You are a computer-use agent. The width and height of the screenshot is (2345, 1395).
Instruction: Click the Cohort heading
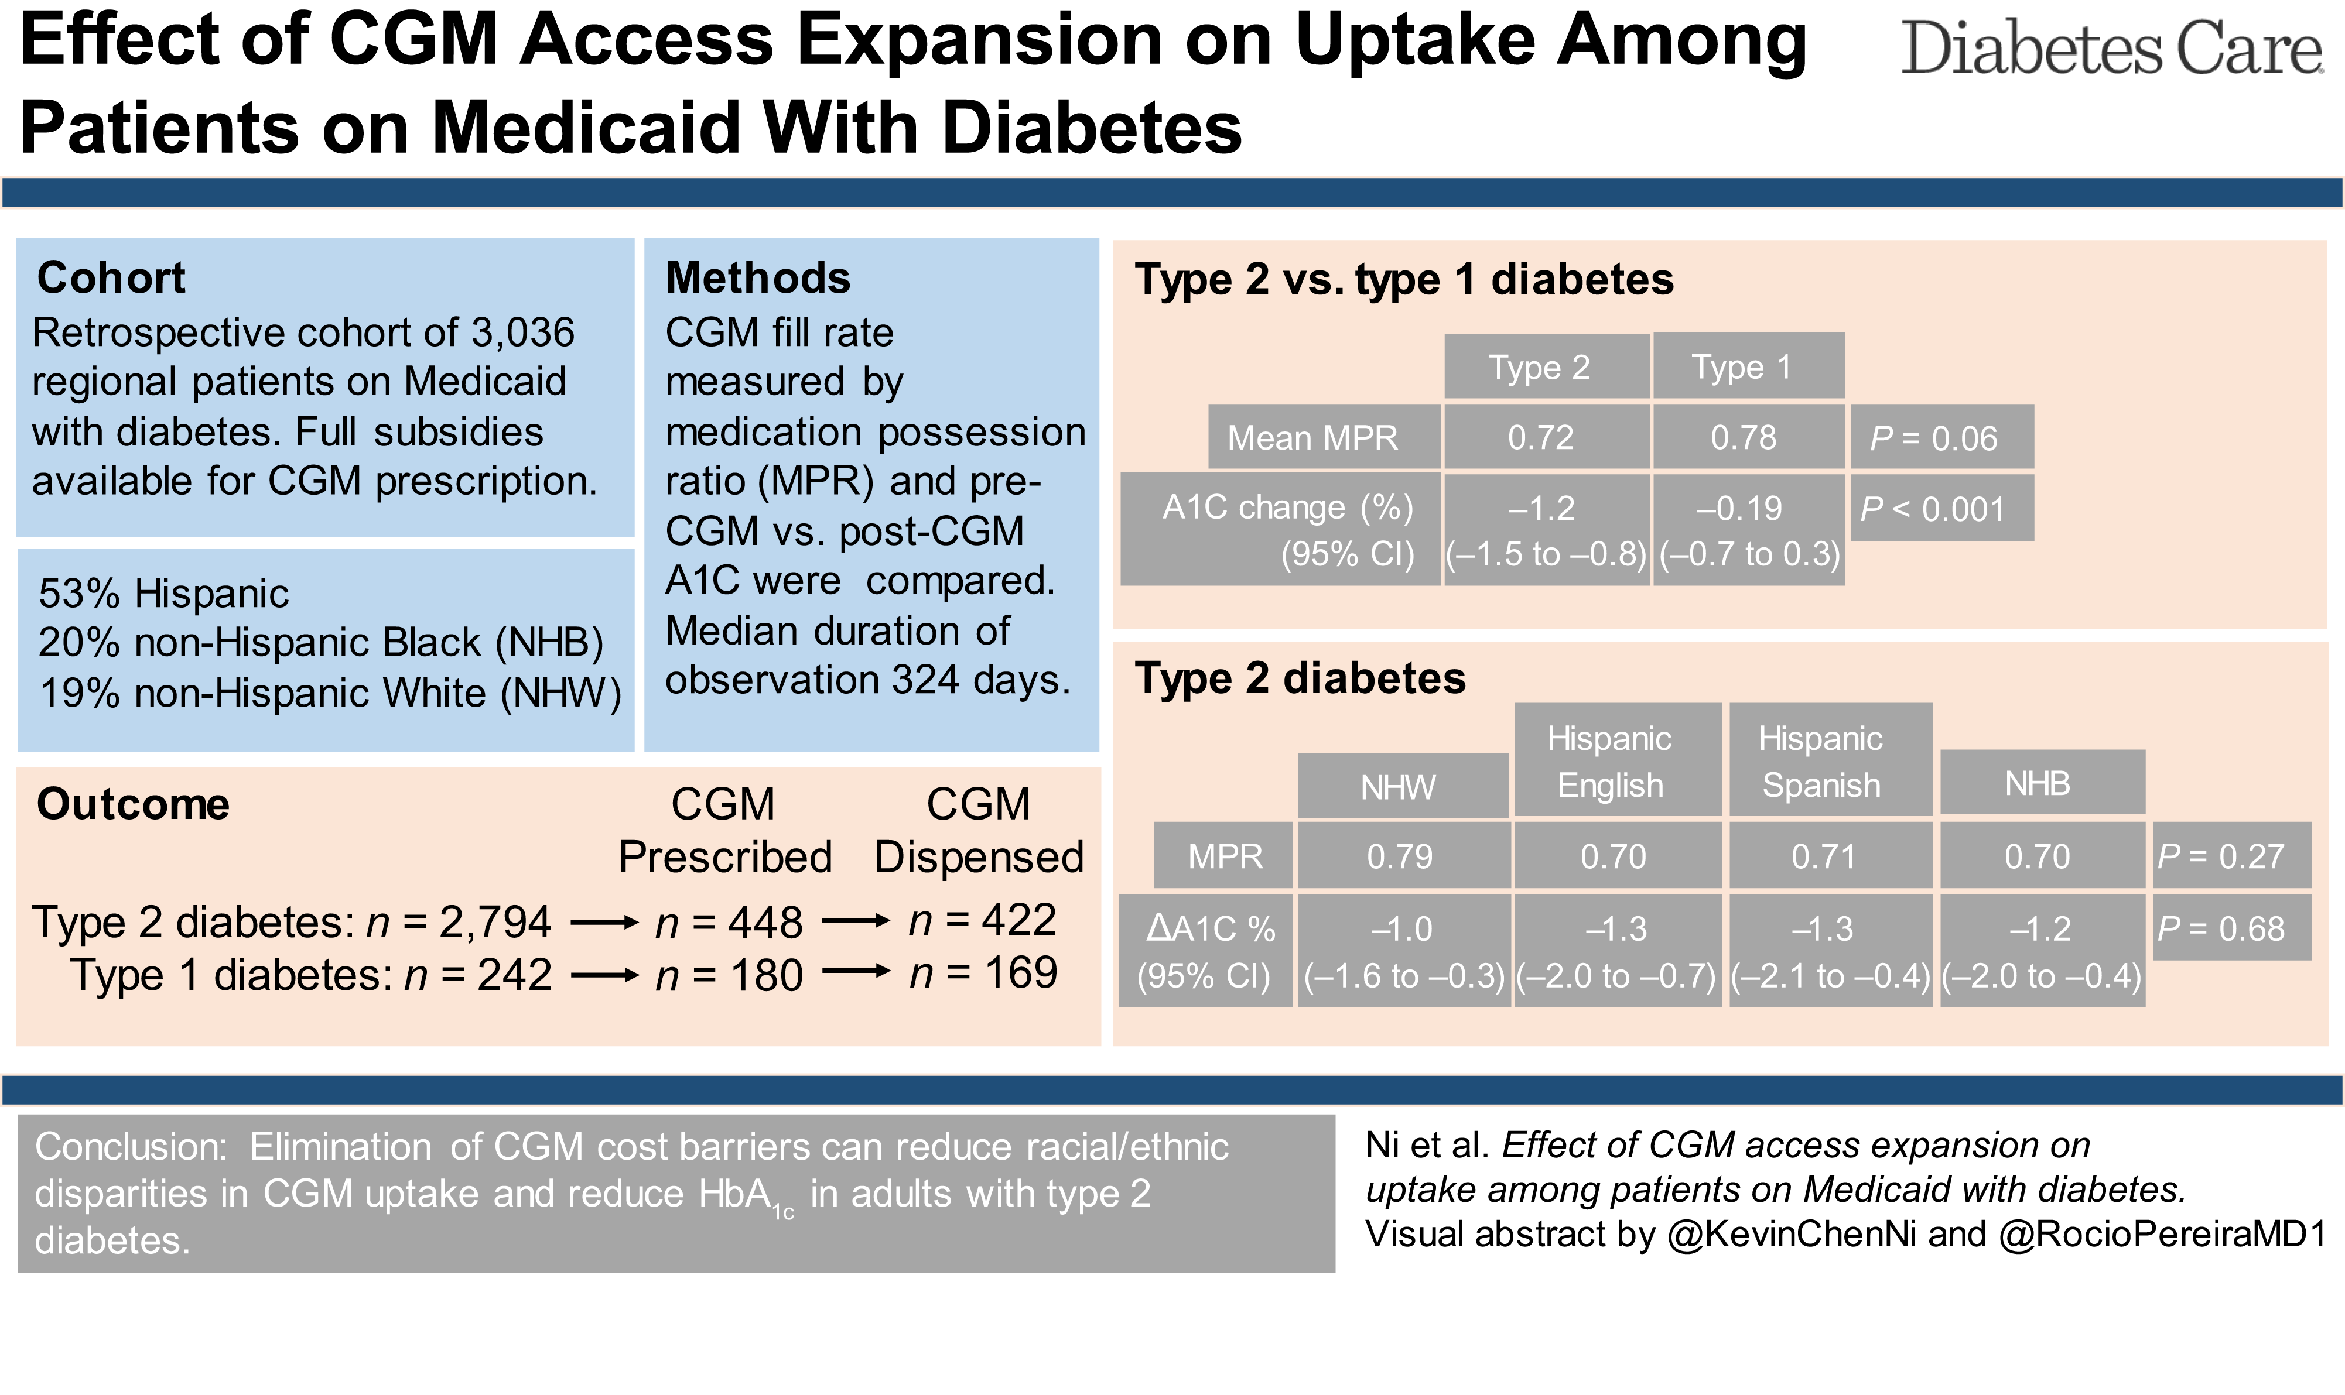tap(111, 278)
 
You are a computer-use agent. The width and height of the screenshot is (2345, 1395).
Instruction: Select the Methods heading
tap(758, 278)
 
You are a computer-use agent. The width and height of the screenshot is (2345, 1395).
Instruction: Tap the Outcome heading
tap(132, 805)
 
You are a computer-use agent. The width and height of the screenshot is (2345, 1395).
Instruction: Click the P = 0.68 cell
tap(2230, 929)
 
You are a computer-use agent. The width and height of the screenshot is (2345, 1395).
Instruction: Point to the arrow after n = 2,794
tap(604, 924)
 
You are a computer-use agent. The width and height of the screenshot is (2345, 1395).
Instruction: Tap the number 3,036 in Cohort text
tap(523, 333)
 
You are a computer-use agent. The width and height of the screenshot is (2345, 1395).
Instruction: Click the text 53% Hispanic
tap(163, 594)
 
